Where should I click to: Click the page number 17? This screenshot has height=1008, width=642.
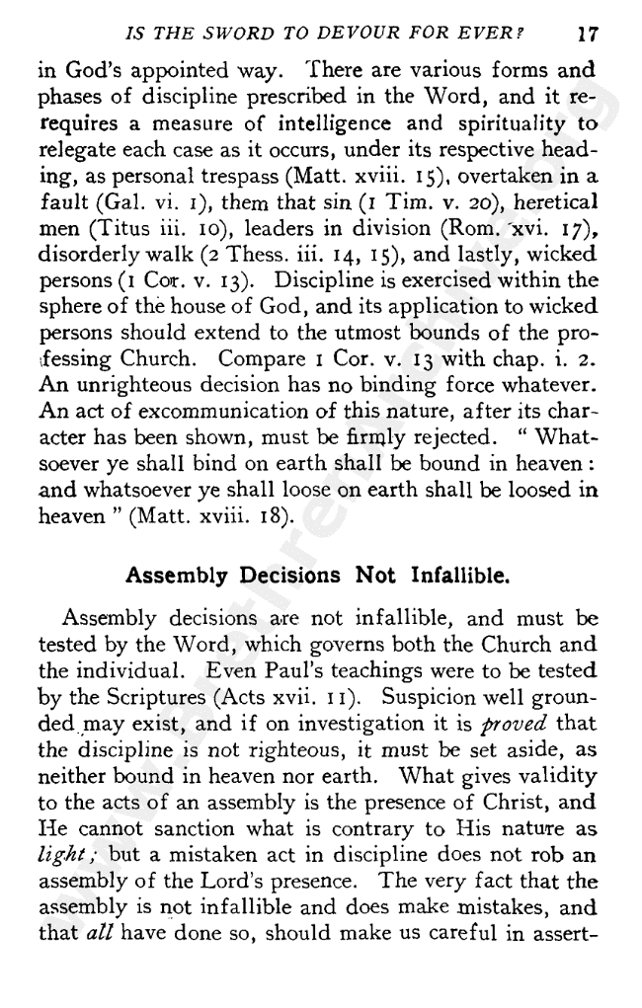[x=588, y=33]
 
